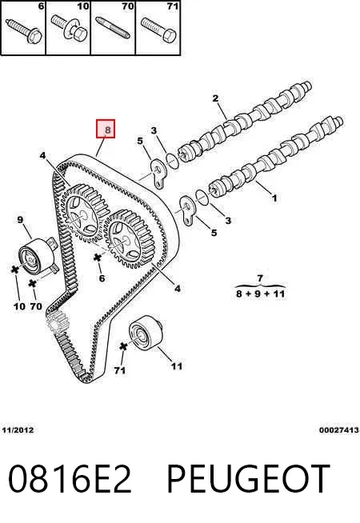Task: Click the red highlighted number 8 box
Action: coord(106,129)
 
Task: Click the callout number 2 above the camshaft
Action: coord(215,98)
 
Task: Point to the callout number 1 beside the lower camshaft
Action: coord(274,198)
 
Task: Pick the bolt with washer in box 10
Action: coord(70,27)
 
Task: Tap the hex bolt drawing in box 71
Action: coord(158,30)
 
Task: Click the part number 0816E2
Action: coord(70,479)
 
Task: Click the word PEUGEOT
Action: coord(248,479)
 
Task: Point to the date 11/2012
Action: coord(18,430)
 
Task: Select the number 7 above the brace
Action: coord(260,277)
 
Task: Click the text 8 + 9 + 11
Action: coord(260,293)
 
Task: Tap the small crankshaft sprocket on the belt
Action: coord(57,321)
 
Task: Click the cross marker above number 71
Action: coord(123,346)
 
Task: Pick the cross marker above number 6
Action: coord(97,258)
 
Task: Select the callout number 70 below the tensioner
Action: coord(36,306)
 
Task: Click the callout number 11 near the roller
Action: coord(177,366)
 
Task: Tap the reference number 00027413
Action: coord(339,430)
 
